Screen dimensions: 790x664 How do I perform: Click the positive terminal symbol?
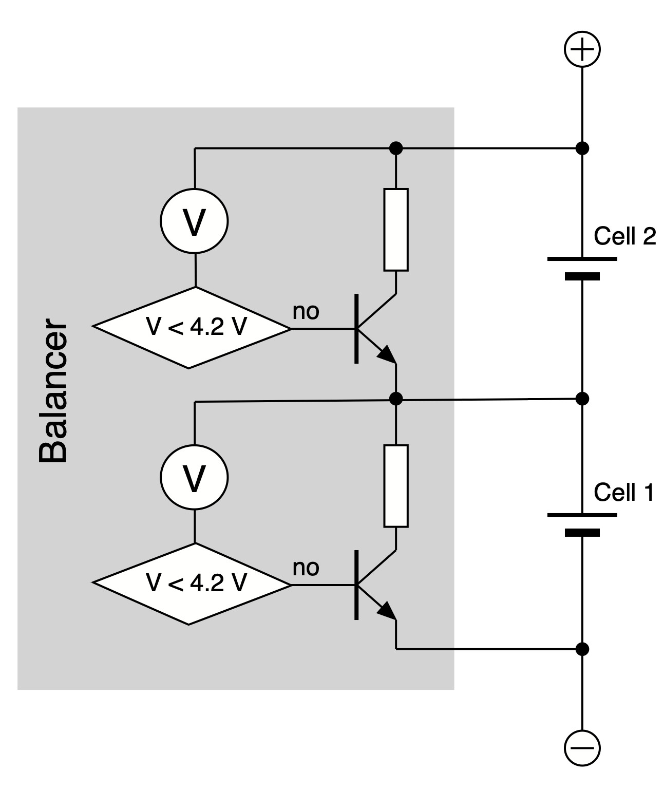[x=582, y=49]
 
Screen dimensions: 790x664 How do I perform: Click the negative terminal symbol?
[x=582, y=747]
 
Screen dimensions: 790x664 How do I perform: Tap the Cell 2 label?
[x=624, y=237]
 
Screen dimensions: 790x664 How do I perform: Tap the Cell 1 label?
[x=623, y=493]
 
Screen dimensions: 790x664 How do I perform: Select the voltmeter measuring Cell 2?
[x=195, y=222]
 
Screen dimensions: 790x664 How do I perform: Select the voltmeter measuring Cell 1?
[x=195, y=478]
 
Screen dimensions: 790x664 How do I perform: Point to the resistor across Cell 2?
[x=396, y=230]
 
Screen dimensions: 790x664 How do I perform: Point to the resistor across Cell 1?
[x=396, y=486]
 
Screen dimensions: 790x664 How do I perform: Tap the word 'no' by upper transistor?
[x=306, y=311]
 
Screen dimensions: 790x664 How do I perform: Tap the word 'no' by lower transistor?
[x=306, y=568]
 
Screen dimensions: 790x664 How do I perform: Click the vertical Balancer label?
[x=53, y=391]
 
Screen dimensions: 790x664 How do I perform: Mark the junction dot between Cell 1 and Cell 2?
[x=582, y=398]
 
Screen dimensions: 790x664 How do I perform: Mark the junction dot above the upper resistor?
[x=396, y=148]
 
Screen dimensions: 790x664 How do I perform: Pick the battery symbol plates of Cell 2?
[x=582, y=268]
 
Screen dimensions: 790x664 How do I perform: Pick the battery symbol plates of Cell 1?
[x=582, y=523]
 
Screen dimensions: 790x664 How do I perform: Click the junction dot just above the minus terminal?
[x=582, y=649]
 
